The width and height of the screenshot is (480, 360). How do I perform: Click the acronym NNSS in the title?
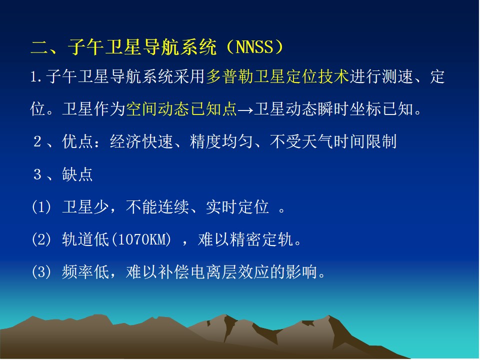pos(254,47)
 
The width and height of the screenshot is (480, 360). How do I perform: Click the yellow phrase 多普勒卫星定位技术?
pos(277,76)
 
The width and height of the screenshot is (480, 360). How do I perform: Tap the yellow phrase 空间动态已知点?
pos(181,108)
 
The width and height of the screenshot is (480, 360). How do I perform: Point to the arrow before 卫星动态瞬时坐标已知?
pos(245,109)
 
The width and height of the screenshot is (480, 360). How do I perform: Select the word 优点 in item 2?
pos(77,141)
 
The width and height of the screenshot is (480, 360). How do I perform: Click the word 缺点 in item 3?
pos(77,174)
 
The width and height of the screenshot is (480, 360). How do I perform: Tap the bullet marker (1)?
pos(41,207)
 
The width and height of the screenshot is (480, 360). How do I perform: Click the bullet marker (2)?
pos(41,239)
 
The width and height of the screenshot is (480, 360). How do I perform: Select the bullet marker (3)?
pos(41,272)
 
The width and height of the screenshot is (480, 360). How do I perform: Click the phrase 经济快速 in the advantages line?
pos(141,141)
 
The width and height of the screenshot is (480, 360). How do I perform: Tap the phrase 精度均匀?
pos(221,141)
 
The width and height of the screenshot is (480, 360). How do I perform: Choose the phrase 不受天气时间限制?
pos(333,141)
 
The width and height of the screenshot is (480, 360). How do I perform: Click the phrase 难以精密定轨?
pos(245,239)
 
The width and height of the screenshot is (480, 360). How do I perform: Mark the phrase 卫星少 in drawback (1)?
pos(85,207)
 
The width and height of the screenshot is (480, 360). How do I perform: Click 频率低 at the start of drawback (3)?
pos(85,272)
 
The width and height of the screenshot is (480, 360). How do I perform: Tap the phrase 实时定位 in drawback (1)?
pos(237,207)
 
